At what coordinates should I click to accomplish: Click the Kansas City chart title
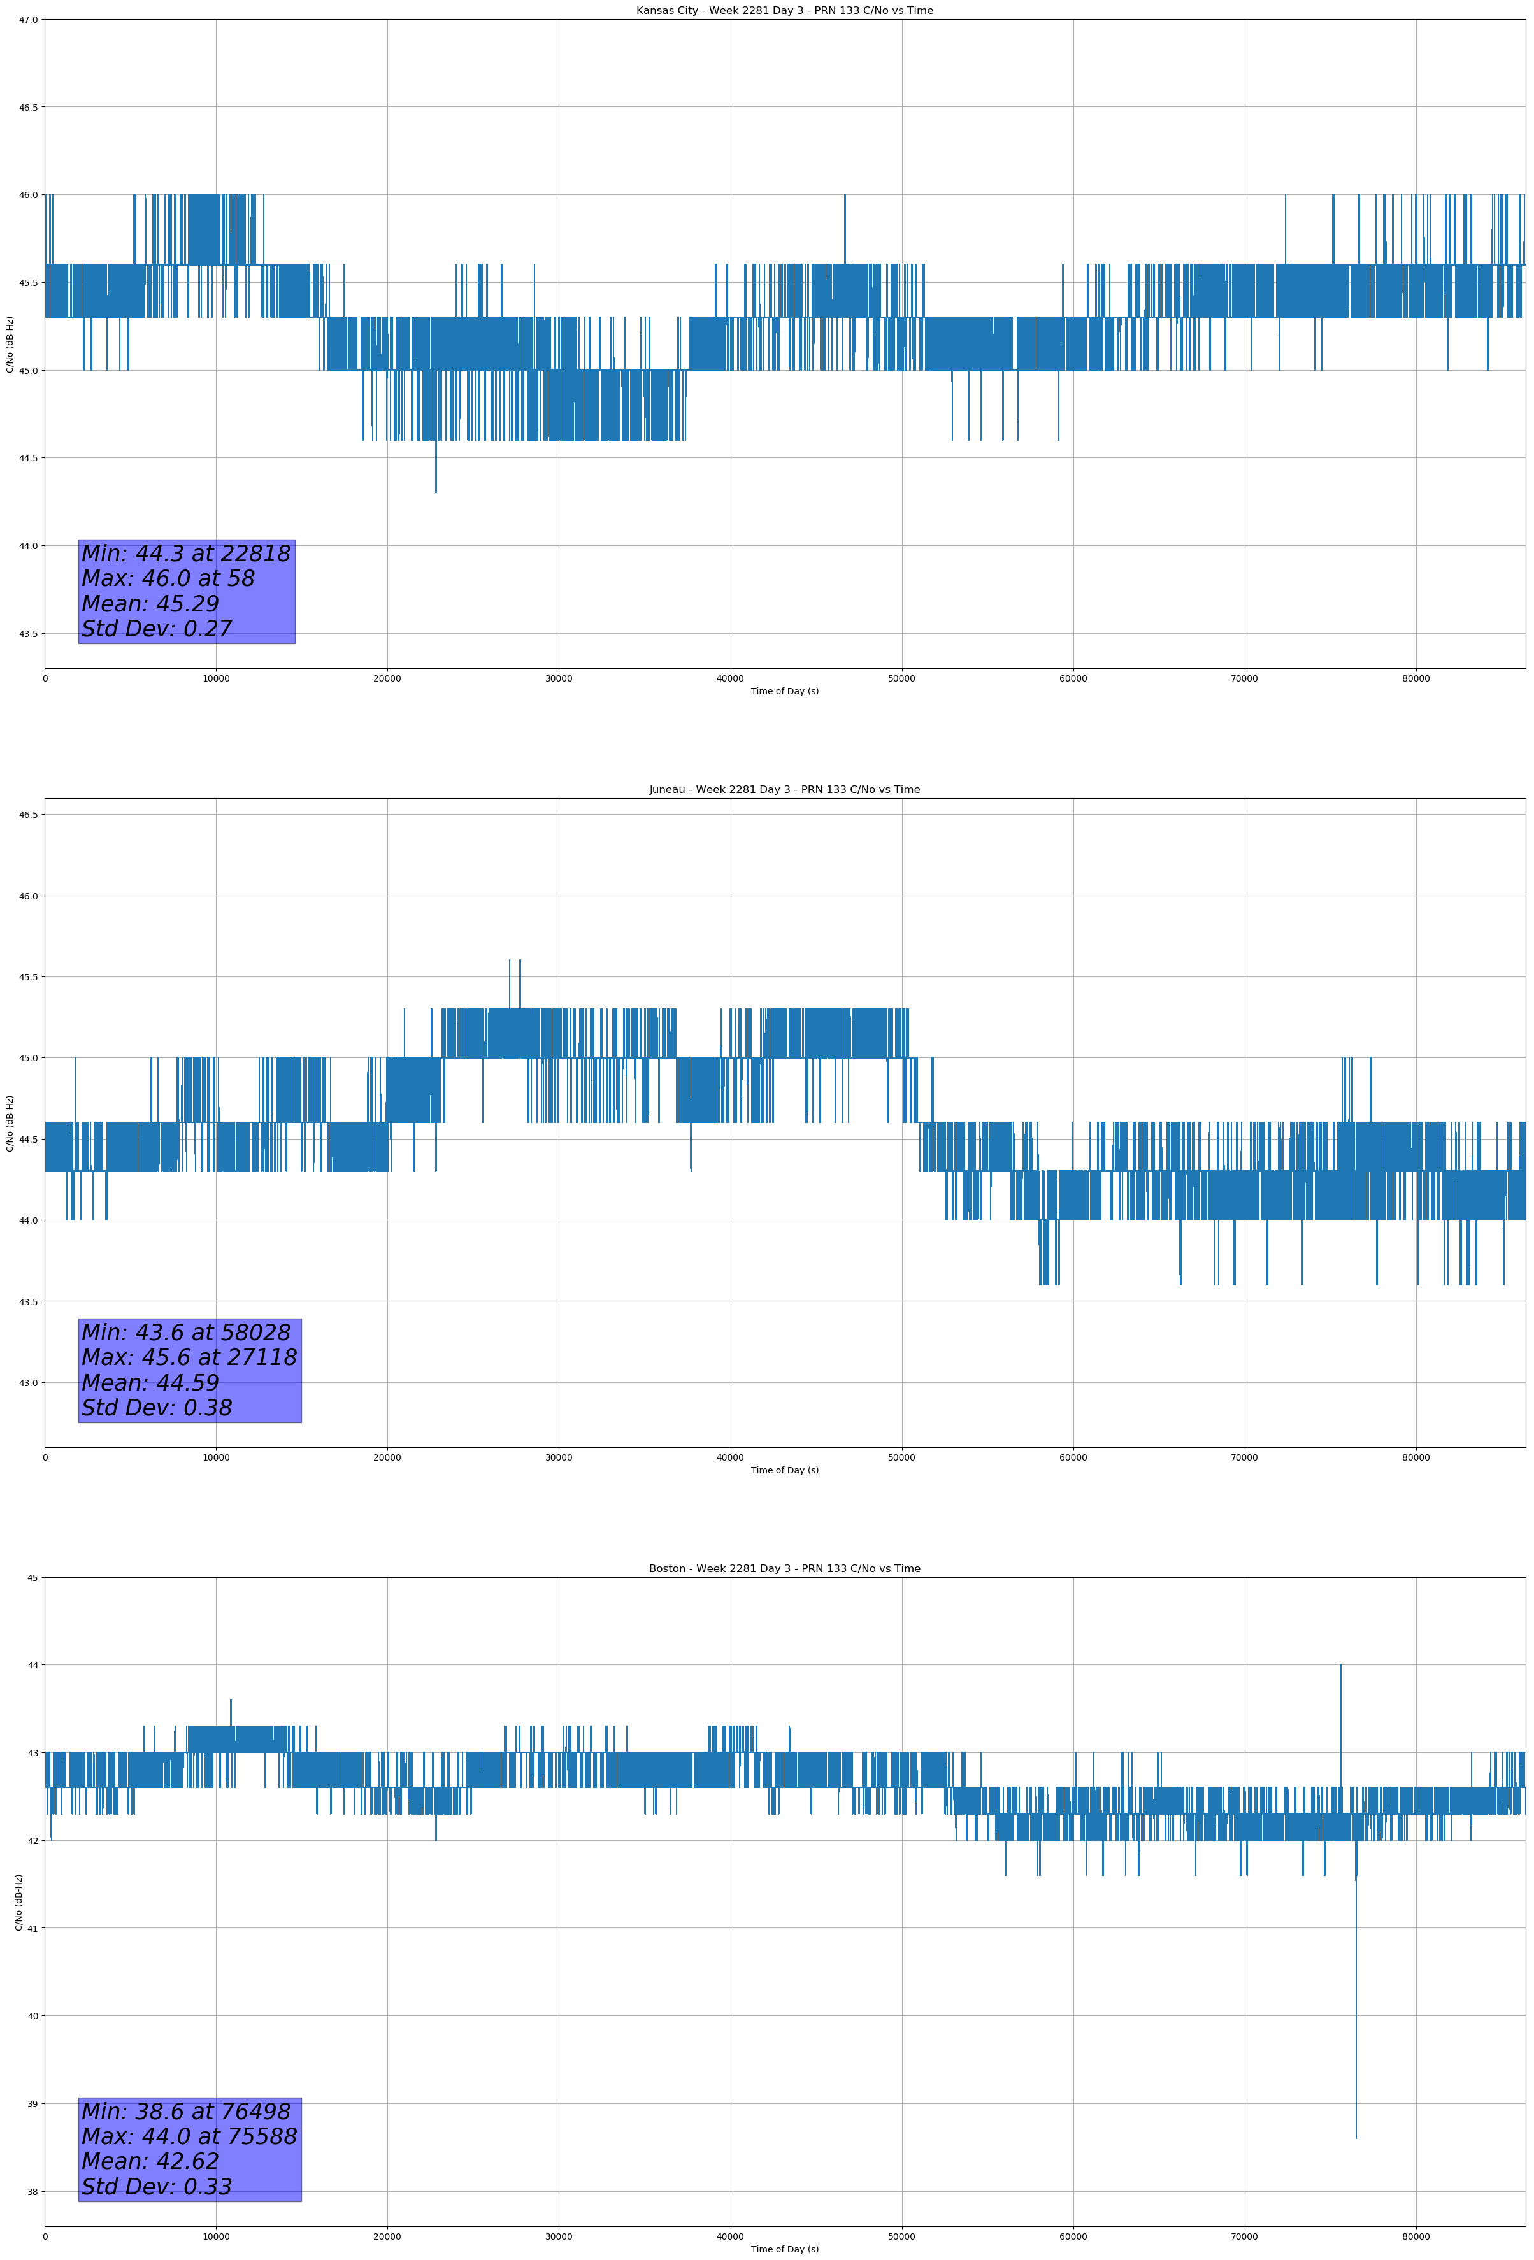[784, 11]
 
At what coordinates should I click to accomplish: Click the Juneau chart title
[784, 790]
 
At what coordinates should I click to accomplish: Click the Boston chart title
[784, 1569]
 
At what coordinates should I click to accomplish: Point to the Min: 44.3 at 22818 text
[186, 554]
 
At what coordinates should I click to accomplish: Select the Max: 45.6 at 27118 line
[189, 1357]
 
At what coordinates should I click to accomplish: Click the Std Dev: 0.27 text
[157, 629]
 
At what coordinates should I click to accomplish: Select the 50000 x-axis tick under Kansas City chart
[901, 679]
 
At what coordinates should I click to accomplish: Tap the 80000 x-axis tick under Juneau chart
[1416, 1457]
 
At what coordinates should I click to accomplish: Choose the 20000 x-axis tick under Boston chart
[387, 2236]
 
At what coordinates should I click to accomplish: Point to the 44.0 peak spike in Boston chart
[1340, 1666]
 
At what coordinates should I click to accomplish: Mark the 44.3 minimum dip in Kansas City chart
[436, 491]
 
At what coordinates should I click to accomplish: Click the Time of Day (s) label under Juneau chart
[784, 1470]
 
